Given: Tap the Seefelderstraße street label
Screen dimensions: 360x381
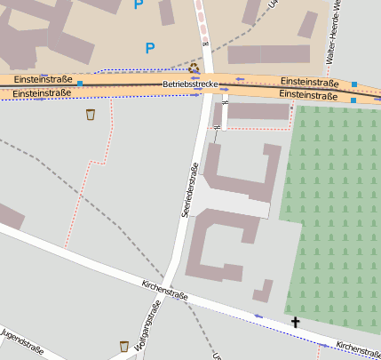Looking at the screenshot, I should (187, 189).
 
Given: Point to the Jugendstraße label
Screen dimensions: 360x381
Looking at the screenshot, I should (23, 339).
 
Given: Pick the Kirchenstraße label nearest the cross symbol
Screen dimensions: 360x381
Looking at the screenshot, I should (357, 349).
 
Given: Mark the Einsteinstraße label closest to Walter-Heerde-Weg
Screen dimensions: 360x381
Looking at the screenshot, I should (308, 81).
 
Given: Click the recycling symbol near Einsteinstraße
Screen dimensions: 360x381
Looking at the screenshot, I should (194, 68).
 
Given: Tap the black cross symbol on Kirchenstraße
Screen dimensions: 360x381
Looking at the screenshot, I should (295, 322).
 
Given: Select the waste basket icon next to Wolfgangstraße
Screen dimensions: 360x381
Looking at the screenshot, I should (123, 345).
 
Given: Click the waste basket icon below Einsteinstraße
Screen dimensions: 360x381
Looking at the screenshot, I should (90, 114).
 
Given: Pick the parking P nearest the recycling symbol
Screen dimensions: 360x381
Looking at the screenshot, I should (149, 48).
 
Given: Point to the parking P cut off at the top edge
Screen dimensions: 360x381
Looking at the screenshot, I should (138, 4).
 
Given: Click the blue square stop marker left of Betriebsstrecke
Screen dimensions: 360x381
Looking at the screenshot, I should (80, 84).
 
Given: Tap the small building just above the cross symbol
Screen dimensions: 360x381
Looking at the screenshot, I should (263, 291).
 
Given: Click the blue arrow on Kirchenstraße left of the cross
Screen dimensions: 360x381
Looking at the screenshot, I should (258, 316).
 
